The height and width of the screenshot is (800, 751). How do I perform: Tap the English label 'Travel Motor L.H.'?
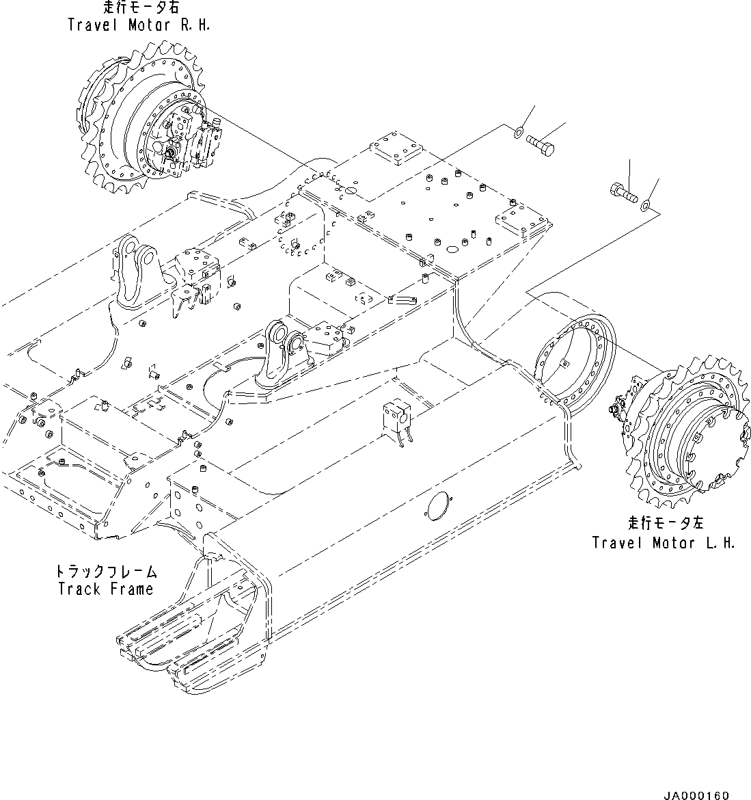click(x=663, y=542)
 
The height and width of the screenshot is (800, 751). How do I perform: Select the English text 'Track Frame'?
click(x=105, y=588)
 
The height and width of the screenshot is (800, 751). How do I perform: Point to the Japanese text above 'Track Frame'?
click(x=105, y=571)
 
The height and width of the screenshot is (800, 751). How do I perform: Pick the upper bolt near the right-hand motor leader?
click(x=541, y=144)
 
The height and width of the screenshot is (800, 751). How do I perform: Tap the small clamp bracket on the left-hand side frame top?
click(x=396, y=421)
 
